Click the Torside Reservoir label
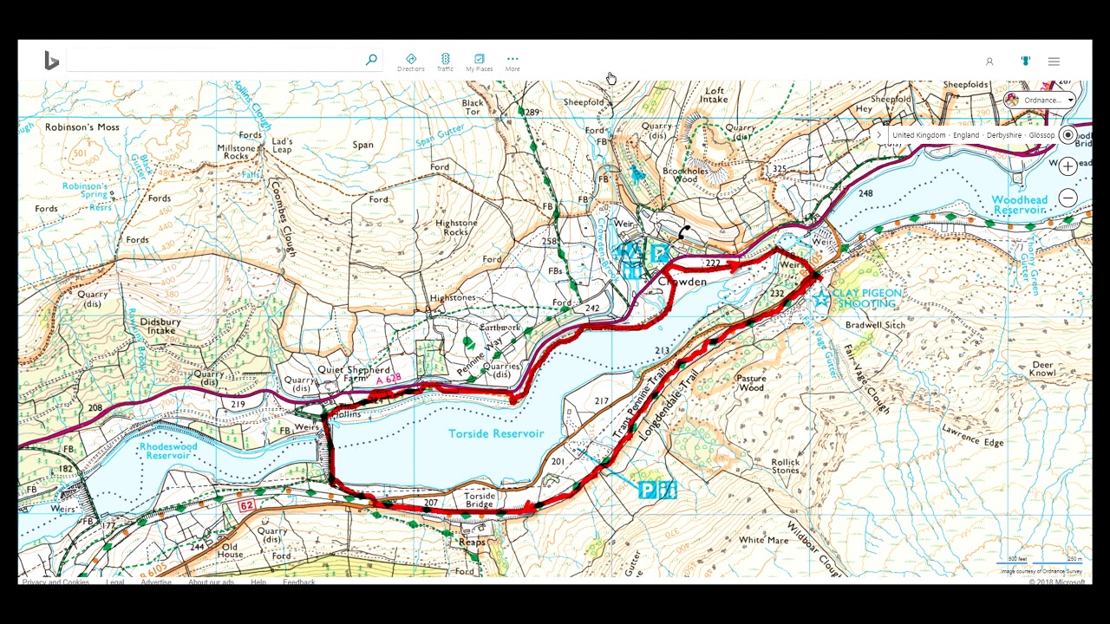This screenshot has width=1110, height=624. coord(495,433)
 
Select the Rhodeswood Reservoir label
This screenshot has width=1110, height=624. coord(168,451)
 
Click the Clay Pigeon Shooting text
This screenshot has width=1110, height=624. coord(867,298)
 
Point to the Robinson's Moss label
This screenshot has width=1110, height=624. coord(82,127)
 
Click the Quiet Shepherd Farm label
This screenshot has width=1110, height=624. coord(353,374)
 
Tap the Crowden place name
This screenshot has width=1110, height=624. coord(682,283)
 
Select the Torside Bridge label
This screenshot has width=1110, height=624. coord(479,500)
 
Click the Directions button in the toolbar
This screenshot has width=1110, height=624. coord(411,62)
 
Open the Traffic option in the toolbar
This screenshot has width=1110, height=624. coord(445,62)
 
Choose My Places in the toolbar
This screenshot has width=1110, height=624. coord(479,62)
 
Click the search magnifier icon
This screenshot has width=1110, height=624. coord(371,60)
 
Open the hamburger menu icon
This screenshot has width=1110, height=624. coord(1054,62)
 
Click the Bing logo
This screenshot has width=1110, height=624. coord(52,61)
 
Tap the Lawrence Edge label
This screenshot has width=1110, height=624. coord(973,435)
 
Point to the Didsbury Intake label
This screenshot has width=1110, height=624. coord(160,326)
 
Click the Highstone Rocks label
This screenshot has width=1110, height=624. coord(456,228)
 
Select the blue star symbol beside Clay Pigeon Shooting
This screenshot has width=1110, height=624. coord(820,299)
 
